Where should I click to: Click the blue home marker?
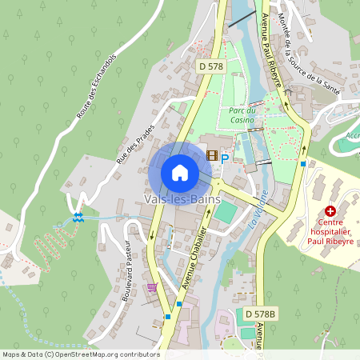point(180,172)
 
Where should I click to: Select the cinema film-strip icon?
point(212,155)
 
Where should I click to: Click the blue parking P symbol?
point(225,158)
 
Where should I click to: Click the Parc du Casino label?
point(242,114)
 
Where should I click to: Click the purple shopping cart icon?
point(152,286)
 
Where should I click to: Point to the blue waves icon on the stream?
point(78,216)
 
